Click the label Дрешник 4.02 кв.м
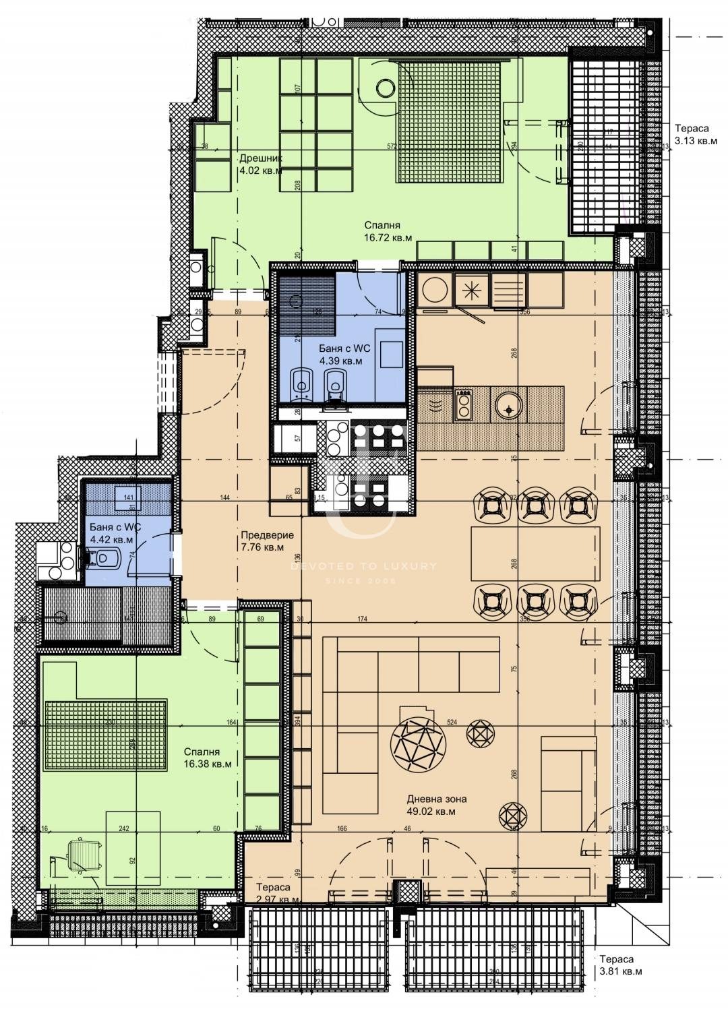[x=260, y=164]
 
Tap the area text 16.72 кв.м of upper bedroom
[x=388, y=238]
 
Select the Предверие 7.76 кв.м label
[x=267, y=541]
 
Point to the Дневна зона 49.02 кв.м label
[x=436, y=805]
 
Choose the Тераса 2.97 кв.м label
[x=276, y=894]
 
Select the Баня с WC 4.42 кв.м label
[x=111, y=533]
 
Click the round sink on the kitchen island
[x=507, y=405]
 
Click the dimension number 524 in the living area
[x=451, y=722]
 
